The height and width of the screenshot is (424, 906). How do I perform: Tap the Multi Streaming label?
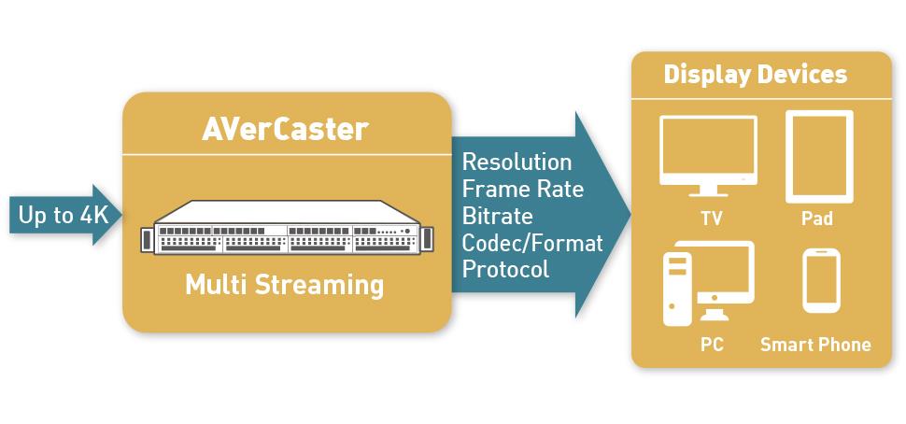pos(284,286)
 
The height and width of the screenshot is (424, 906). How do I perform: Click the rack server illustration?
pos(287,228)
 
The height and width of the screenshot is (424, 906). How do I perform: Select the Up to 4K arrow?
pos(65,215)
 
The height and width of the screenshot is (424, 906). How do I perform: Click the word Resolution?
pos(517,163)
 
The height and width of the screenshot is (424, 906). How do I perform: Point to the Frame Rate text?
pos(523,189)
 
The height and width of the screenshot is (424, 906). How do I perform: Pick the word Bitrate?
pos(498,216)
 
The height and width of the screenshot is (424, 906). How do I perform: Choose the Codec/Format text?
pos(532,243)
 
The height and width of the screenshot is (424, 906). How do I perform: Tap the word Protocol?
pos(505,270)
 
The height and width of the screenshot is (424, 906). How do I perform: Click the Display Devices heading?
pos(756,75)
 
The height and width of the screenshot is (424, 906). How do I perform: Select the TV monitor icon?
pos(708,156)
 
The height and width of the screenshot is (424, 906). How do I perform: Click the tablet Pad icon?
pos(819,157)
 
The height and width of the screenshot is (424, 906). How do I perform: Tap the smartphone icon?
pos(821,280)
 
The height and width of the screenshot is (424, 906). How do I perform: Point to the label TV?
pos(712,219)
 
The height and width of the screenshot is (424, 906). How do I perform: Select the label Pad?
pos(817,219)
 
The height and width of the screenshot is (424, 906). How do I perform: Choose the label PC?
pos(712,345)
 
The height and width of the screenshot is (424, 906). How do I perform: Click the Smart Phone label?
pos(815,345)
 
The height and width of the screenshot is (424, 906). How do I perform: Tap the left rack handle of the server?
pos(147,240)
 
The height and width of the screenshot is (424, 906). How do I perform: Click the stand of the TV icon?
pos(708,191)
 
